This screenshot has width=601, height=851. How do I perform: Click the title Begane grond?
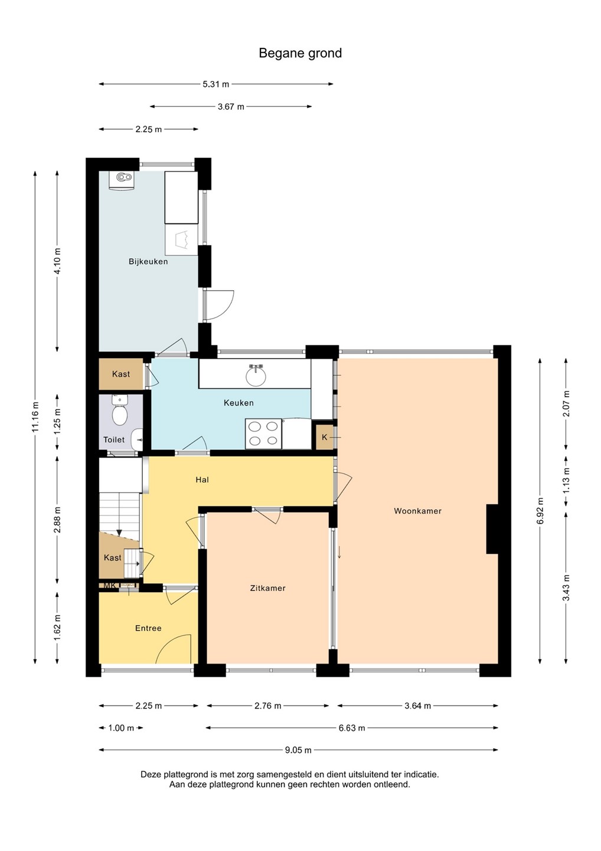click(300, 53)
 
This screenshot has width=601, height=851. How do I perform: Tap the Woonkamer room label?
click(417, 511)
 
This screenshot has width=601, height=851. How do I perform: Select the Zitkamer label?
click(267, 588)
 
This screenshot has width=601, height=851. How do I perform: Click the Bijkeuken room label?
click(148, 261)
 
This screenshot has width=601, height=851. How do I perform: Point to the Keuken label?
click(239, 402)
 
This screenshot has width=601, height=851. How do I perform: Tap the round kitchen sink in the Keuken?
click(256, 375)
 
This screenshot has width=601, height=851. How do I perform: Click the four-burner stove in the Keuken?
click(263, 434)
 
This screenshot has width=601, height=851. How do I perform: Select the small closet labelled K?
click(324, 437)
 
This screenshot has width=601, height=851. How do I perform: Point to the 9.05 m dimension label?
click(298, 750)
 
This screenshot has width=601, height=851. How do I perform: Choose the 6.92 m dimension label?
click(540, 511)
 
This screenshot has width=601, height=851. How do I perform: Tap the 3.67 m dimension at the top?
click(231, 107)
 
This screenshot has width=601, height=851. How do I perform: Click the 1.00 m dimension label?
click(121, 728)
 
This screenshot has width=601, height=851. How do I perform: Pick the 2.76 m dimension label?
click(267, 706)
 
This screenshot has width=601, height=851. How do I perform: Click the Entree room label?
click(148, 628)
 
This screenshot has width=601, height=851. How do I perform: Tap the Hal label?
click(202, 480)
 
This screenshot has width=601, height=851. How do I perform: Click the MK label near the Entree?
click(110, 586)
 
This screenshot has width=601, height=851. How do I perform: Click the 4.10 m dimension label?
click(57, 261)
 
